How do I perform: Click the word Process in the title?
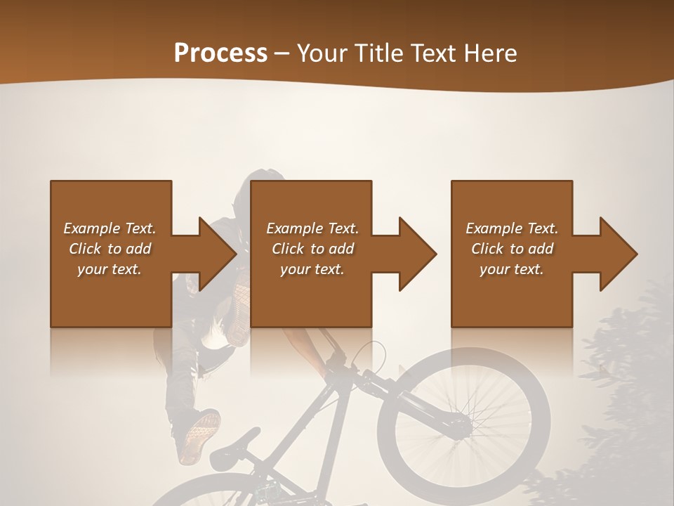220,53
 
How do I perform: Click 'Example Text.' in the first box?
110,228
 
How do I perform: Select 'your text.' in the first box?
110,269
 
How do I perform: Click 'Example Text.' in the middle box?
312,228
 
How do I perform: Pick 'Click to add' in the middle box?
312,249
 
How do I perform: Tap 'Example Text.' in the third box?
512,228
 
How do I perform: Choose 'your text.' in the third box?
512,269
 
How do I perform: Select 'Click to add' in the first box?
110,249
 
